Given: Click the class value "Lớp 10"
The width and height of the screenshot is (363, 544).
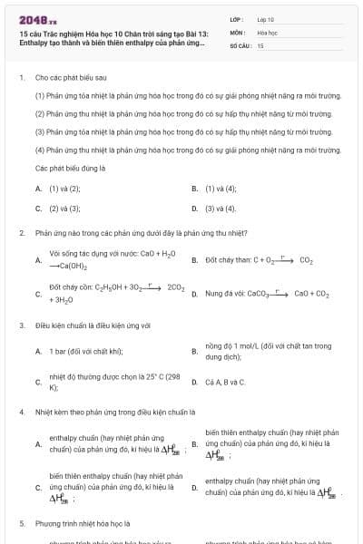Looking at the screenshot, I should (266, 18).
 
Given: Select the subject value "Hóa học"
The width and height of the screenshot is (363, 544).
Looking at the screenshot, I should (267, 32).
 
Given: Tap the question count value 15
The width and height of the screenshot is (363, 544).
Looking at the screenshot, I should (260, 44).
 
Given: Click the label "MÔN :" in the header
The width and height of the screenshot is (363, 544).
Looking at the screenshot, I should (238, 32).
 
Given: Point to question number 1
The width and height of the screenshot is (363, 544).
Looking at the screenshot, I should (21, 78).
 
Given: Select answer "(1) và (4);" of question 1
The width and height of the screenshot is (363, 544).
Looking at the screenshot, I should (221, 189).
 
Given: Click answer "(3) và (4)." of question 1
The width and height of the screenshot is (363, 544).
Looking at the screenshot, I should (221, 208).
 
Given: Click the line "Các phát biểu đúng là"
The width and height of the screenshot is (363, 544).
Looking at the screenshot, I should (71, 169).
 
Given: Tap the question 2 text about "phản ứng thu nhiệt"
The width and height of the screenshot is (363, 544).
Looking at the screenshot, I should (134, 233).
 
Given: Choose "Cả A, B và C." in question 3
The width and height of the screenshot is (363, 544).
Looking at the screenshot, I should (225, 382).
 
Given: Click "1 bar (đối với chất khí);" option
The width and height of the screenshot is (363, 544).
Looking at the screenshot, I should (86, 351).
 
